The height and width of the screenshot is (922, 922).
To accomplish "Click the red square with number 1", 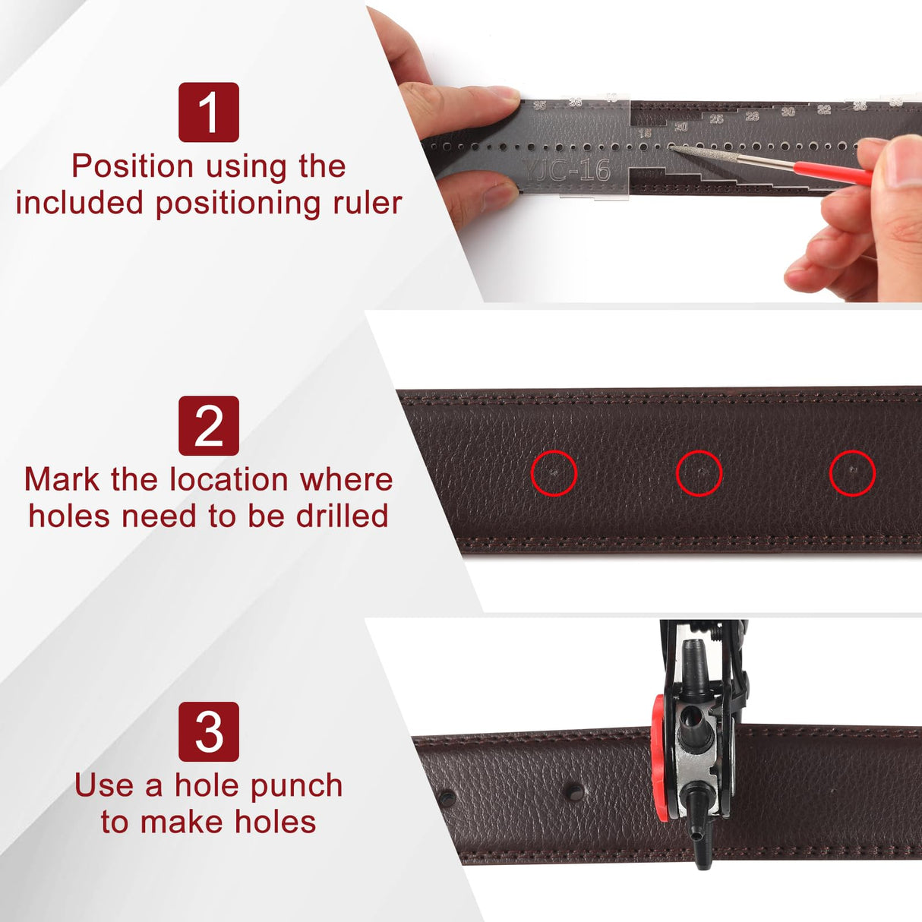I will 208,112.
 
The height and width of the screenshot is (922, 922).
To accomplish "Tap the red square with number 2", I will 208,425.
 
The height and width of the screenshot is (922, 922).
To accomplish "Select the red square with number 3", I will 208,731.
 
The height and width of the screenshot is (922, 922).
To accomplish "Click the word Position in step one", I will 133,166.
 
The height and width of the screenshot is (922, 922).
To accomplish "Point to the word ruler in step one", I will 362,203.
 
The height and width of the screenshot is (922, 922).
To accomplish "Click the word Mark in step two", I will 62,479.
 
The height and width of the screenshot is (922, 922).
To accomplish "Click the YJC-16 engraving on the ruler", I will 569,170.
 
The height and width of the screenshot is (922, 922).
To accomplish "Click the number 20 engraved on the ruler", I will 680,127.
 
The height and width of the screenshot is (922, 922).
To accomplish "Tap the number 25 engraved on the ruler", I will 716,119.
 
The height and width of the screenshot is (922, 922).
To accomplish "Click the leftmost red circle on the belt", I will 554,472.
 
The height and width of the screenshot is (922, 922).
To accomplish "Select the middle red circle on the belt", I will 699,472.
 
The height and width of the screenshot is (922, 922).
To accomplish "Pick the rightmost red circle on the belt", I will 852,472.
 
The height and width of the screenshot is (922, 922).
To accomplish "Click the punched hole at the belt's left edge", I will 447,797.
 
